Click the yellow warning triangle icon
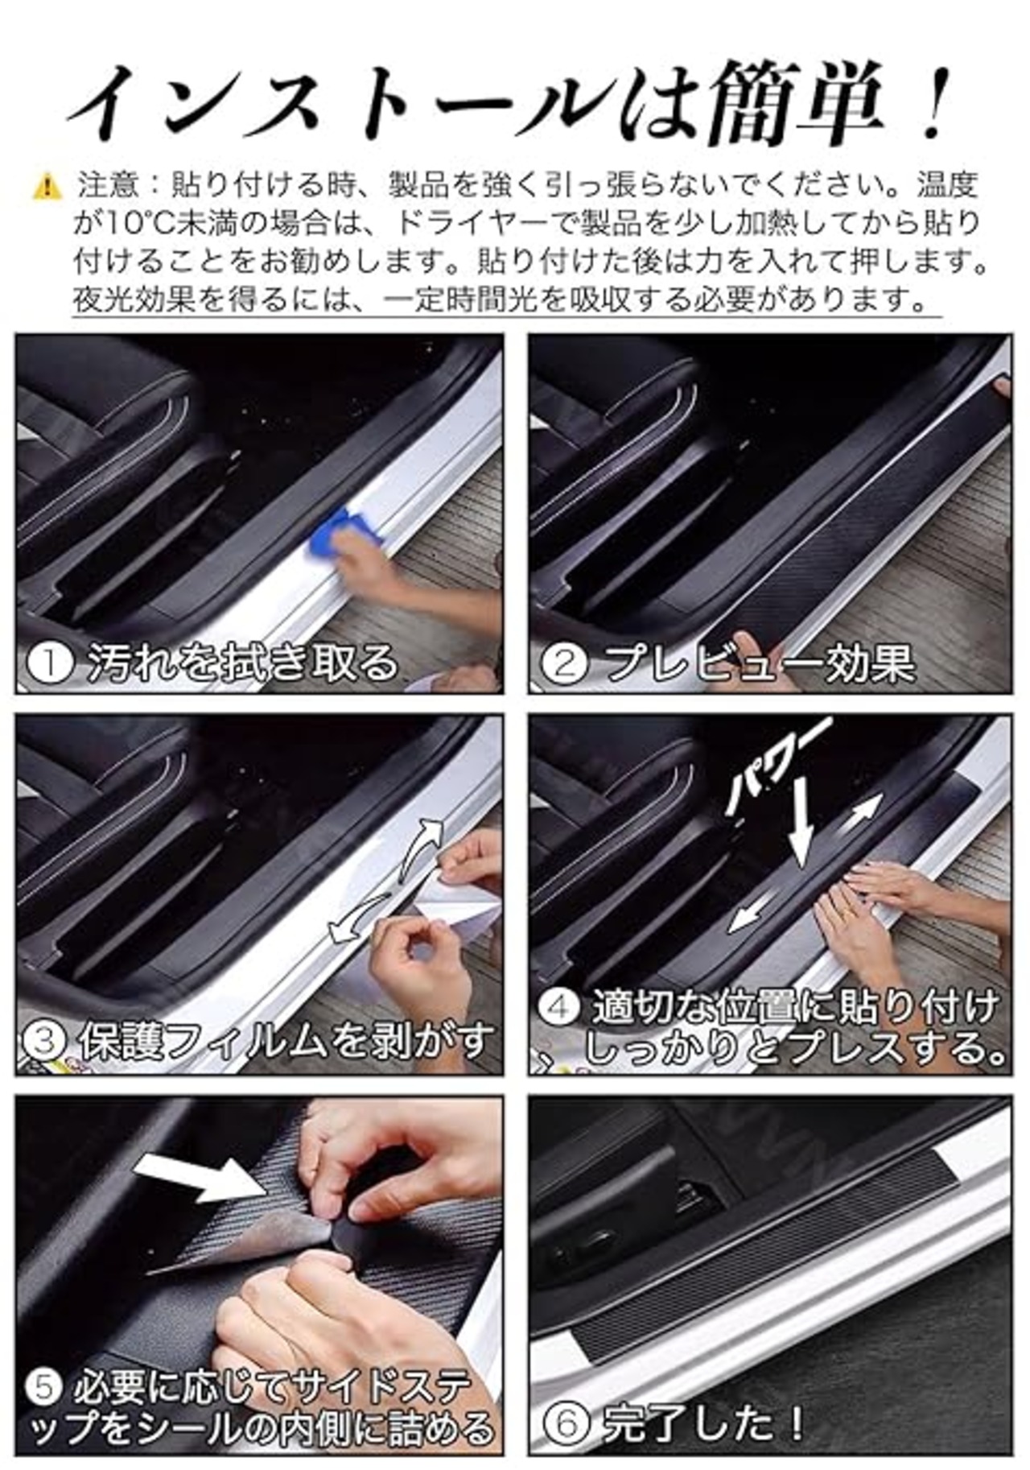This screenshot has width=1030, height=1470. pyautogui.click(x=47, y=187)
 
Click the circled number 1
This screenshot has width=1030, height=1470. pyautogui.click(x=50, y=663)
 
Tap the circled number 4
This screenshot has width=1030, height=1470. pyautogui.click(x=558, y=1007)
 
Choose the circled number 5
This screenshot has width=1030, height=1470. pyautogui.click(x=43, y=1385)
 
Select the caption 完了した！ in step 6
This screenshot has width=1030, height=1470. pyautogui.click(x=702, y=1423)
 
